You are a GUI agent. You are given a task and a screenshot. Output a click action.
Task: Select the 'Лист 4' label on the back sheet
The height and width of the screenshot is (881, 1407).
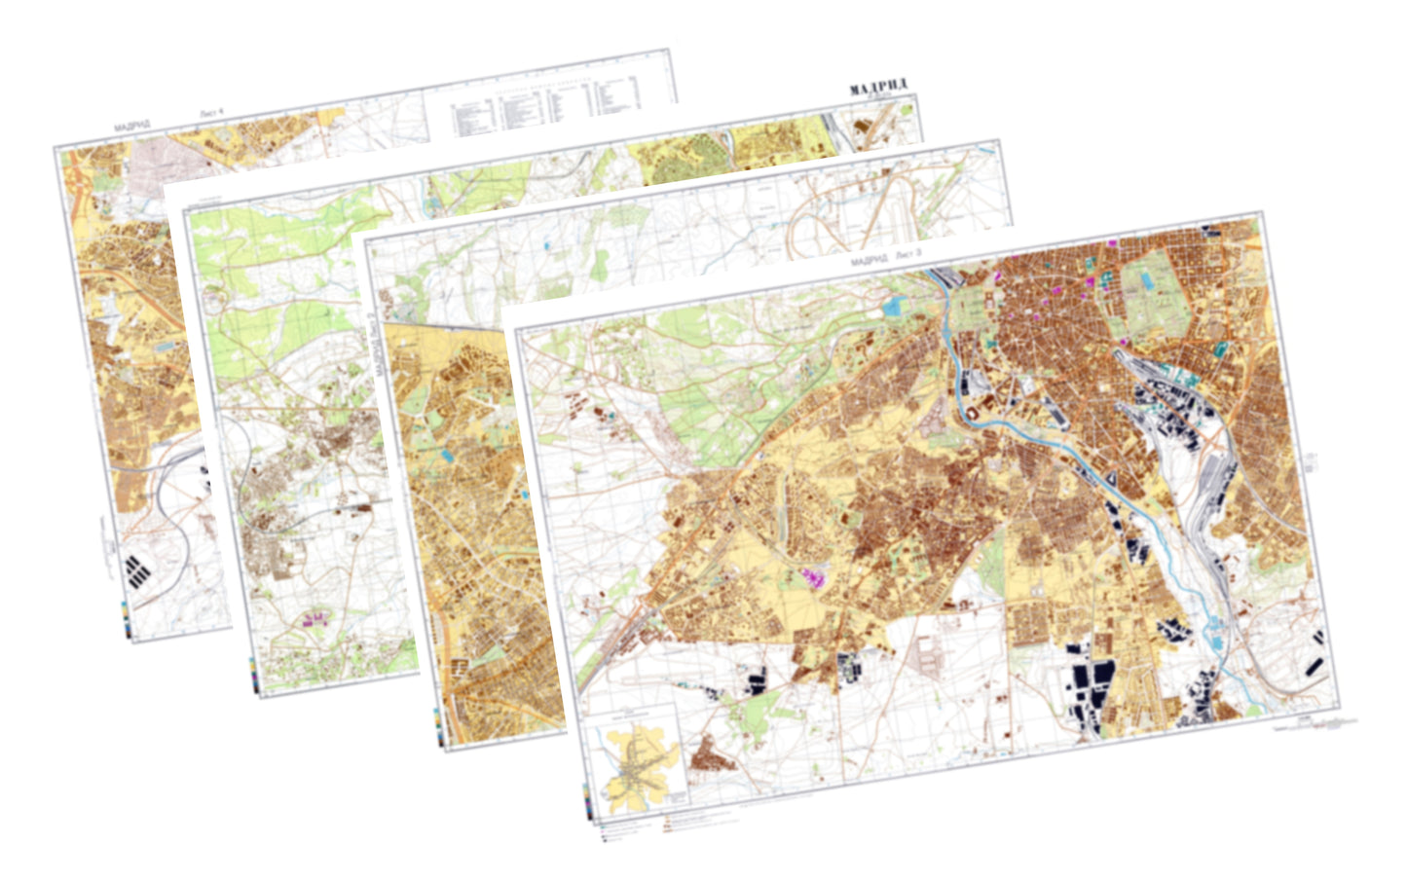211,114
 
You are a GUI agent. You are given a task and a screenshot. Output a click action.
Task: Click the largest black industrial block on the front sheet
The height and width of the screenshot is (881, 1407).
1090,689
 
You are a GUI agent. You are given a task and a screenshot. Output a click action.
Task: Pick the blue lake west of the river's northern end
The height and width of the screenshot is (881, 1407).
892,307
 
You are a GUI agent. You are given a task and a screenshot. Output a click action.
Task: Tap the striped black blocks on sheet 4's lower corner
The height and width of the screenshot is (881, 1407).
139,570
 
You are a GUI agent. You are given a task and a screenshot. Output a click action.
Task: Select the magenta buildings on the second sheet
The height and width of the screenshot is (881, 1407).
314,617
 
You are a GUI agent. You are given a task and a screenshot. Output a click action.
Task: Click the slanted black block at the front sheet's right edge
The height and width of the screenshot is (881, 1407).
1314,667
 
